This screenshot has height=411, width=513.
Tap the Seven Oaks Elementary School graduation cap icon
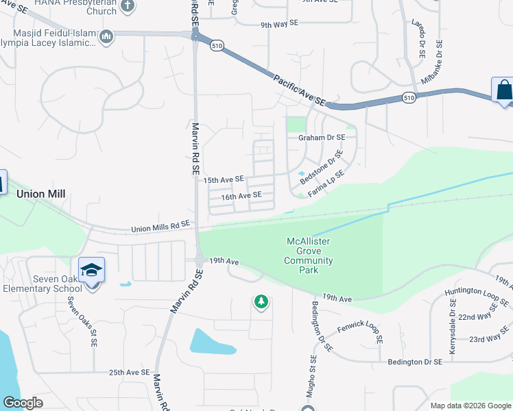click(x=91, y=270)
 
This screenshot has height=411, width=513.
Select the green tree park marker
click(x=261, y=301)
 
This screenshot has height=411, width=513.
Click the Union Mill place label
click(x=41, y=194)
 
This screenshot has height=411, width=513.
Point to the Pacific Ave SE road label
click(x=300, y=90)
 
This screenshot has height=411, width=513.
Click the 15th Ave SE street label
click(x=224, y=179)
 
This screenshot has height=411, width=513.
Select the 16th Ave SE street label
click(x=241, y=195)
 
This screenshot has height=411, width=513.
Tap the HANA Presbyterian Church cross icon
click(x=127, y=7)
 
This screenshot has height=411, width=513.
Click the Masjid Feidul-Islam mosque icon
click(x=106, y=36)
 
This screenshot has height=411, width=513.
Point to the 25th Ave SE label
click(x=129, y=372)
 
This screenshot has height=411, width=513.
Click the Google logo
click(x=23, y=403)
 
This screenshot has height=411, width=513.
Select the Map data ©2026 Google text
click(x=470, y=406)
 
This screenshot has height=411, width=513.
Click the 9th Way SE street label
click(x=280, y=23)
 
